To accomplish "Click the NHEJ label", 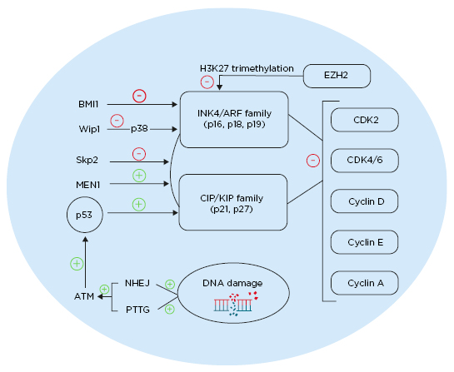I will click(x=138, y=282).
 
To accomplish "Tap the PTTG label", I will click(x=138, y=309).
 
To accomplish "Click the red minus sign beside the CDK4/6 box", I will click(x=312, y=160).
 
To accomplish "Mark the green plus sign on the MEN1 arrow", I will click(x=139, y=176).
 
